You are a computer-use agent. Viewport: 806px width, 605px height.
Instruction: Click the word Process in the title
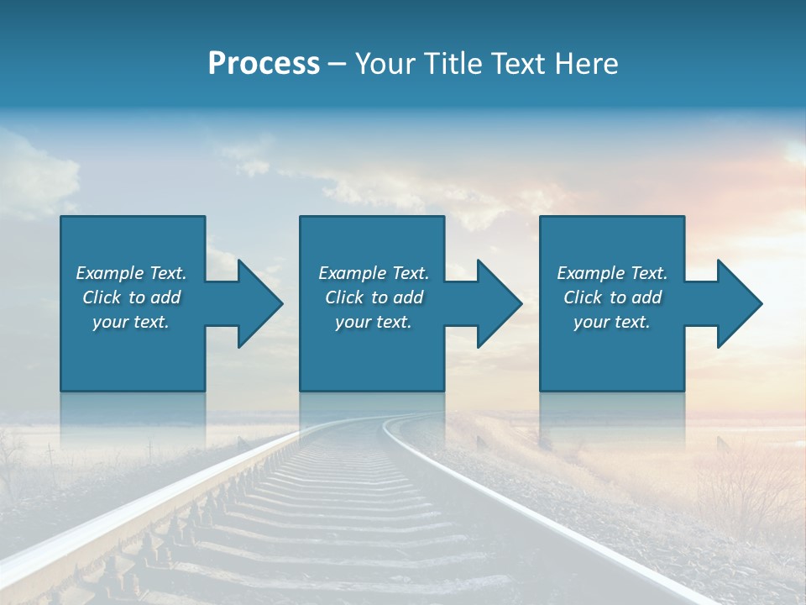coord(264,64)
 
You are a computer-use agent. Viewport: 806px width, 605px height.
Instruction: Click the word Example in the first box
coord(109,273)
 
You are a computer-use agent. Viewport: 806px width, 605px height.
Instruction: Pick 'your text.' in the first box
coord(131,322)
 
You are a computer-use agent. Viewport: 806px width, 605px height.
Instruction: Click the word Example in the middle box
coord(352,273)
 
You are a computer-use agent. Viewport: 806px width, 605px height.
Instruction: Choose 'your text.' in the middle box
coord(374,322)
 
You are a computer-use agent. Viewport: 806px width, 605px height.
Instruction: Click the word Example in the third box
coord(590,273)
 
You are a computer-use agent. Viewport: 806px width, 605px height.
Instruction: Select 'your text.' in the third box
coord(612,322)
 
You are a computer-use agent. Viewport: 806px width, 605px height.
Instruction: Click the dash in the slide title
coord(337,64)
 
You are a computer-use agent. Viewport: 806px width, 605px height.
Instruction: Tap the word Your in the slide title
coord(383,64)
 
